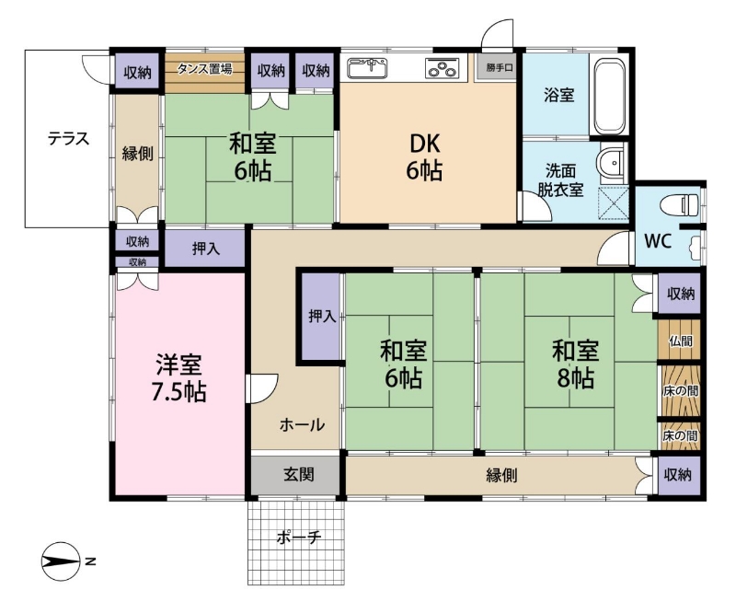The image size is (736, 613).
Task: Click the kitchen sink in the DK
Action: (x=367, y=67)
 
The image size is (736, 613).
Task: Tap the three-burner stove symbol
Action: (x=442, y=67)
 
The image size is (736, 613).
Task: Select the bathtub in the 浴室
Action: (x=610, y=96)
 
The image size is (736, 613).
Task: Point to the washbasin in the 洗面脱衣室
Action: (x=612, y=163)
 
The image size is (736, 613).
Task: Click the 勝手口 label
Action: (x=499, y=67)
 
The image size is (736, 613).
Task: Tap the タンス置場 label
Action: (x=204, y=69)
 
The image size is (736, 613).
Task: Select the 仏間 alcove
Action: (x=679, y=340)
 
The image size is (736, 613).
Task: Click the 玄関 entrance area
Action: (x=295, y=475)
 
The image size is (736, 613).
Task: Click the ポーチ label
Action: (x=298, y=537)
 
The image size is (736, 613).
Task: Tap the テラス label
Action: (x=68, y=139)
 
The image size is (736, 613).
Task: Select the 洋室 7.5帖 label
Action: (x=178, y=378)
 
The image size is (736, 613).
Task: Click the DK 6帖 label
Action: (x=424, y=156)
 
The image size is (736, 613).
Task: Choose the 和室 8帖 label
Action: (x=576, y=364)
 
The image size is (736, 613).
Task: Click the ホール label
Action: (x=302, y=425)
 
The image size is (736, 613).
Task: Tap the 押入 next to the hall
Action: (x=320, y=317)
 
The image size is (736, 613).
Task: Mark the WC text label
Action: (x=658, y=240)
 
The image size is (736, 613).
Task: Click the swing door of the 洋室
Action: (x=262, y=388)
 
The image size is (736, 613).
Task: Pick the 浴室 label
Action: (x=558, y=95)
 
